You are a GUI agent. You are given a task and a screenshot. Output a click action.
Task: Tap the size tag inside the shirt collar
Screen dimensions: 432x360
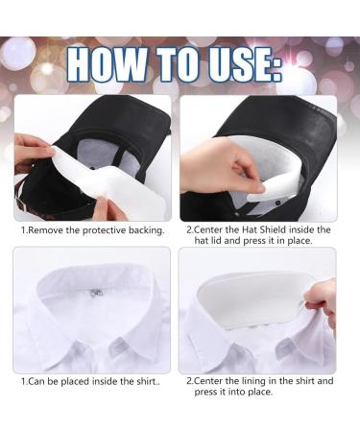click(x=94, y=294)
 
